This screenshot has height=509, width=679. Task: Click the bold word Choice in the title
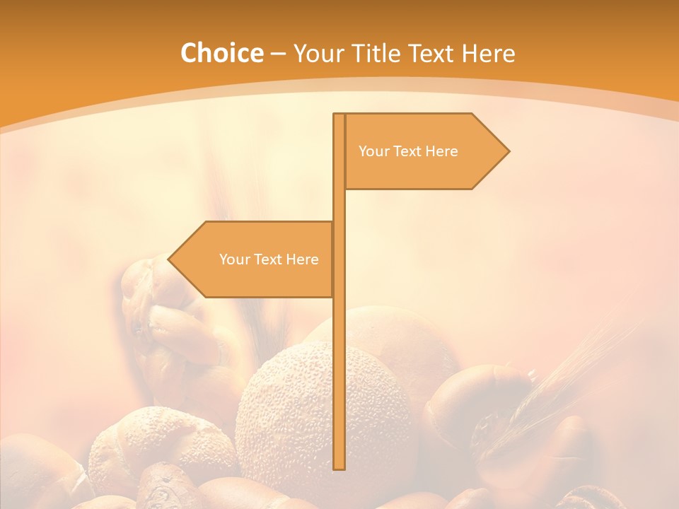click(221, 54)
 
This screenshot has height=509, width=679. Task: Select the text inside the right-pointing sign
click(408, 151)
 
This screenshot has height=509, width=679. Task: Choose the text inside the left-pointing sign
click(269, 259)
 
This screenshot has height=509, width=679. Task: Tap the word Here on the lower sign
click(302, 259)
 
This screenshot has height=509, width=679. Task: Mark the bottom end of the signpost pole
click(339, 466)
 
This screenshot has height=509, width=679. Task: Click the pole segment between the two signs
click(339, 206)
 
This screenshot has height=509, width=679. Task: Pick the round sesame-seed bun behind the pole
click(290, 410)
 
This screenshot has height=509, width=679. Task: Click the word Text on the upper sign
click(408, 151)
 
